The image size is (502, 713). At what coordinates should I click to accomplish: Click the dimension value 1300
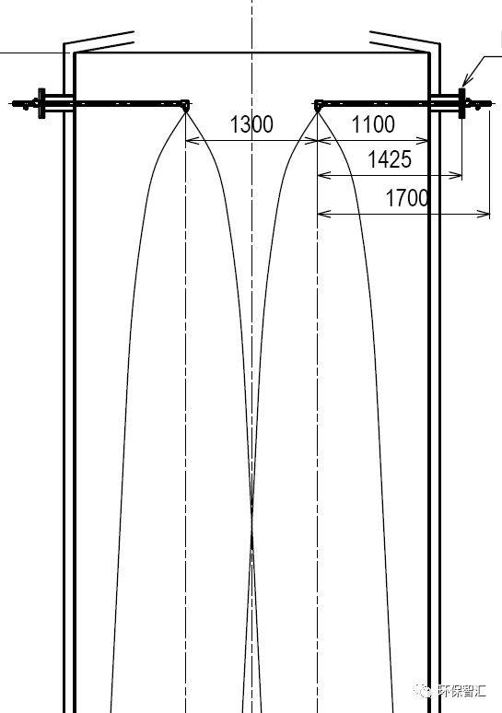point(251,124)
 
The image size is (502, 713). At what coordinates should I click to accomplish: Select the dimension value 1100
point(373,124)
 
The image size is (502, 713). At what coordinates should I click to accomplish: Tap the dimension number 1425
point(390,159)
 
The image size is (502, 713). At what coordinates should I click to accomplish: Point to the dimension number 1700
point(407,198)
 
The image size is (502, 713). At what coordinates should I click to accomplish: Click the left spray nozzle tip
point(185,106)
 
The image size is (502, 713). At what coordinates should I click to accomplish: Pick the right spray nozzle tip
point(319,106)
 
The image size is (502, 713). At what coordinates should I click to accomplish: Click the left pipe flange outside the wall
point(41,103)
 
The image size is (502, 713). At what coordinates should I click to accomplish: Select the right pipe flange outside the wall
point(462,103)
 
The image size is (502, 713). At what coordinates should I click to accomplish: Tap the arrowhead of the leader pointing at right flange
point(464,82)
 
